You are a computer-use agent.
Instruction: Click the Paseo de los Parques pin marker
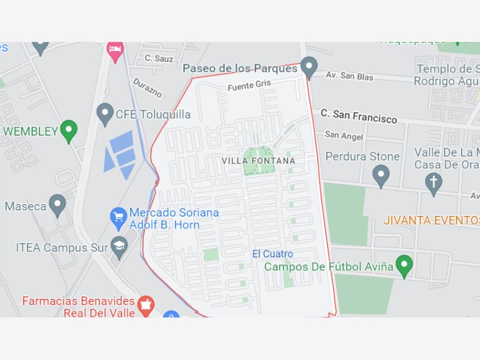point(309,67)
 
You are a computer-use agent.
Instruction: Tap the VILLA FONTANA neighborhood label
point(259,161)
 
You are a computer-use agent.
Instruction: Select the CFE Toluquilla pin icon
point(106,112)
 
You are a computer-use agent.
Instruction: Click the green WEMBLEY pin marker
point(70,130)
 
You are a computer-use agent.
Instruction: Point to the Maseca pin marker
point(58,205)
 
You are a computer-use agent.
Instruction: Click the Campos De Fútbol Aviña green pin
point(405,265)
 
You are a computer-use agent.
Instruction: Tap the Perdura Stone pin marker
point(381,175)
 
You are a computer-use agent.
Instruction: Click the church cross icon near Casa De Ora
point(433,183)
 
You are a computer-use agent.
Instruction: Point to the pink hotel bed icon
point(115,50)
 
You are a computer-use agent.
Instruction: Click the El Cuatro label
point(272,254)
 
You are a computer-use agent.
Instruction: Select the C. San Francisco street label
point(359,116)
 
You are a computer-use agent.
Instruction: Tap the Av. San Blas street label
point(349,77)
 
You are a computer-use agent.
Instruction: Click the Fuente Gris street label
point(249,85)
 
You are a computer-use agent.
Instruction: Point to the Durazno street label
point(147,87)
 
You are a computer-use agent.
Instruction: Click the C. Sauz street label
point(159,59)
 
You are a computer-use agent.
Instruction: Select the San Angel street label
point(344,136)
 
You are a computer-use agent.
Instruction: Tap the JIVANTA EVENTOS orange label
point(431,221)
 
